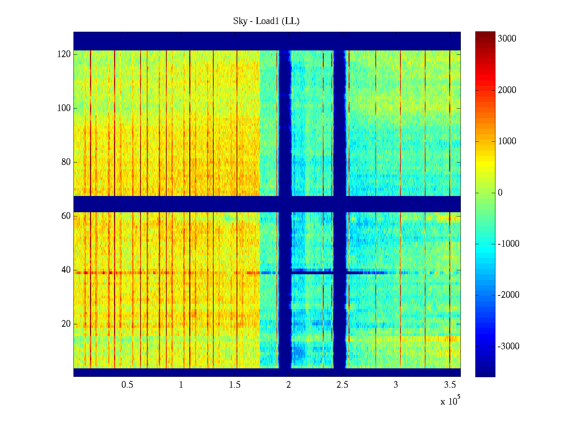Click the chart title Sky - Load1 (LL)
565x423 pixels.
coord(266,21)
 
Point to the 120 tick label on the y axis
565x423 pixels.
coord(64,54)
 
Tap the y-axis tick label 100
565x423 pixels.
coord(64,108)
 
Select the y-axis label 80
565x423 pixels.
coord(66,162)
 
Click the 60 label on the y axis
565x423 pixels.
coord(66,216)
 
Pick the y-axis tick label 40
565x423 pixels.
coord(66,270)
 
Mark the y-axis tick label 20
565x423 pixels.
coord(66,324)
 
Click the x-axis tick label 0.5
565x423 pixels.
coord(127,385)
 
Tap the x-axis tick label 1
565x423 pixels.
coord(181,385)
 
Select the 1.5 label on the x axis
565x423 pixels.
coord(235,385)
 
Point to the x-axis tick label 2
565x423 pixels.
coord(289,385)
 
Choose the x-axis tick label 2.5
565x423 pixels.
coord(342,385)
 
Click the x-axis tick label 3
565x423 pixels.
coord(396,385)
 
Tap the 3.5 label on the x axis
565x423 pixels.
coord(450,385)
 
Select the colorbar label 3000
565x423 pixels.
coord(507,39)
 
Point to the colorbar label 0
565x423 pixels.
coord(500,193)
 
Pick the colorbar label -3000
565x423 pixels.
coord(509,347)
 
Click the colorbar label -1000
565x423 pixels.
coord(509,244)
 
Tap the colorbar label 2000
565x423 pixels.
coord(507,90)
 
